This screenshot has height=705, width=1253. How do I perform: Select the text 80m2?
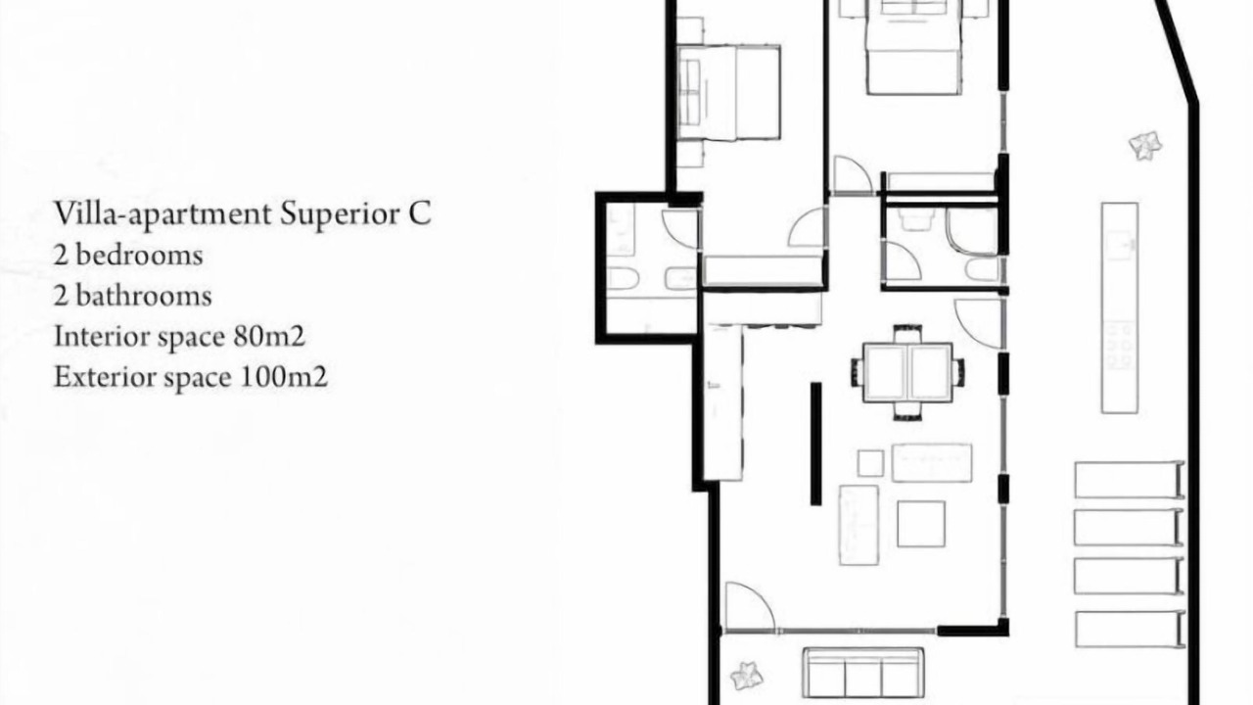269,336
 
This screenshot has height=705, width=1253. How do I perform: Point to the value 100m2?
284,377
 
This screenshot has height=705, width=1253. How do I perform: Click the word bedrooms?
139,256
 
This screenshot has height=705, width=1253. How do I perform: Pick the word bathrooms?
144,296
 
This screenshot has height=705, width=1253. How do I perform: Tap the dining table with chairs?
907,372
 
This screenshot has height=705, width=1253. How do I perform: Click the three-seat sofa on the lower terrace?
862,672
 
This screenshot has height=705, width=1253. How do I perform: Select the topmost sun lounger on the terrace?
1130,480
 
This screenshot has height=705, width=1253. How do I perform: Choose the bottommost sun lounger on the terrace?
1130,630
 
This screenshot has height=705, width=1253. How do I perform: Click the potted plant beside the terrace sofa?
746,676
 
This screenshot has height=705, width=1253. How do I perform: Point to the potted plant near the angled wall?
1145,146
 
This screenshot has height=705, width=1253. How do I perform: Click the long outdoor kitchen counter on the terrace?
1120,308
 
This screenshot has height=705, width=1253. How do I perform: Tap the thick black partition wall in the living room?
816,444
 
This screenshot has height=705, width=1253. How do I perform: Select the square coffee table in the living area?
921,524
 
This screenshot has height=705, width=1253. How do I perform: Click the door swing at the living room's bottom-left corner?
750,606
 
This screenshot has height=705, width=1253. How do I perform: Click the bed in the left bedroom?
729,93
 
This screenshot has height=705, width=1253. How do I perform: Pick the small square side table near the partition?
870,463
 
